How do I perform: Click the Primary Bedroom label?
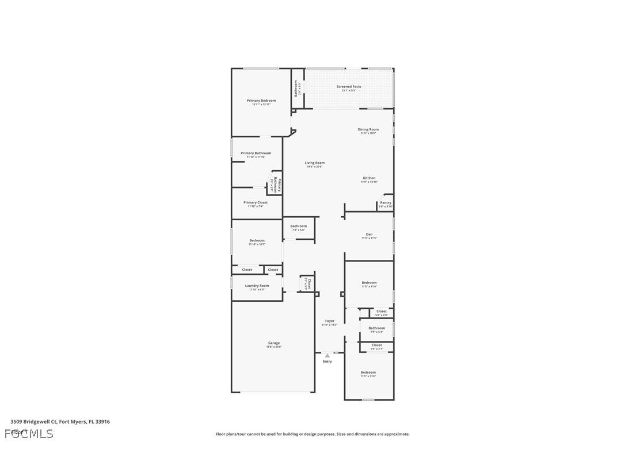[261, 101]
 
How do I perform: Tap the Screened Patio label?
[349, 87]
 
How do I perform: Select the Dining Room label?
[368, 129]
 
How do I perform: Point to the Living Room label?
[315, 163]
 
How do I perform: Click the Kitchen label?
[369, 178]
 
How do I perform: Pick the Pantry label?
[386, 202]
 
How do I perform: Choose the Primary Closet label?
[256, 202]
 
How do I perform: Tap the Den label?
[369, 234]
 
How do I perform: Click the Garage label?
[274, 343]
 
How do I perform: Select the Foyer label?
[329, 321]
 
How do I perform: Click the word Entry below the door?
[327, 362]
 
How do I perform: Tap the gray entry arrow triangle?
[327, 356]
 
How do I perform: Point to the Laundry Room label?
[257, 286]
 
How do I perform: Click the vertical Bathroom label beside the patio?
[296, 88]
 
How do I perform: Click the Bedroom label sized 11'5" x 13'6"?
[368, 372]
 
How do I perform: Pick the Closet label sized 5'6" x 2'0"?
[382, 311]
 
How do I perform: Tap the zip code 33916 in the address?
[102, 421]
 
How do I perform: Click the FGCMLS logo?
[29, 434]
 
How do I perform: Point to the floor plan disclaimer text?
[312, 434]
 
